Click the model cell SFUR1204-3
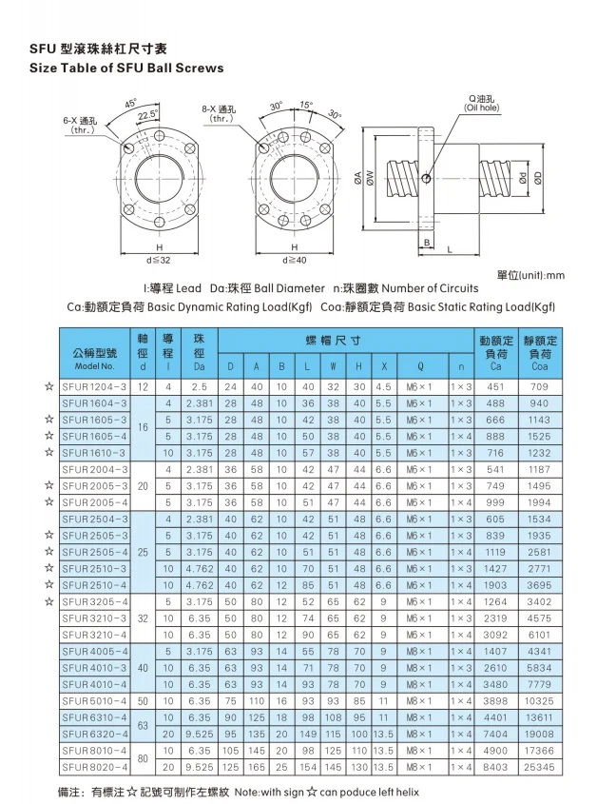coord(94,386)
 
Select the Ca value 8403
coord(495,767)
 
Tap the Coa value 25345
coord(540,767)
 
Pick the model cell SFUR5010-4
coord(94,701)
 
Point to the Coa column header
coord(540,353)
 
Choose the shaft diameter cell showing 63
coord(143,726)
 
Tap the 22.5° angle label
coord(148,115)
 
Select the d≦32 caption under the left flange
coord(159,260)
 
